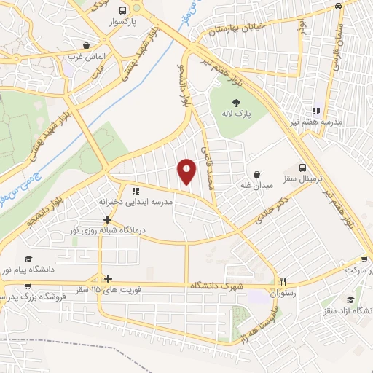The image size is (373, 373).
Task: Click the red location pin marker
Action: [x=188, y=170]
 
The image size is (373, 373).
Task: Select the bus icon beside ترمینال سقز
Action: [x=302, y=167]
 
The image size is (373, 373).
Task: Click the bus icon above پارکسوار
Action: [x=122, y=11]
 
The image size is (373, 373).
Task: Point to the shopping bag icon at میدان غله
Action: [x=258, y=174]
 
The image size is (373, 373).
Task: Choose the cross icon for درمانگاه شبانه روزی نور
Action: [x=107, y=219]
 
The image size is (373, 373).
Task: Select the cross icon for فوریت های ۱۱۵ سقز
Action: [x=108, y=278]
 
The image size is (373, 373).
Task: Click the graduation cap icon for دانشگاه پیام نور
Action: [x=28, y=259]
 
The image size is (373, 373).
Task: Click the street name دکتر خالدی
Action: [x=273, y=208]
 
